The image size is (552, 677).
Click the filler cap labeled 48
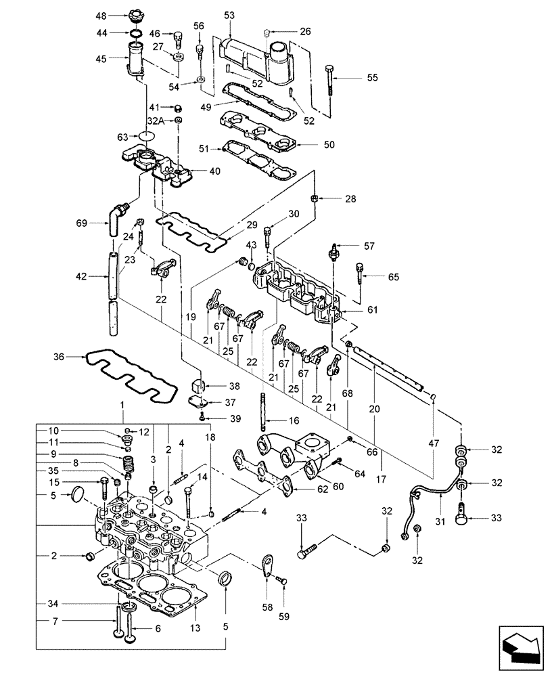tap(135, 15)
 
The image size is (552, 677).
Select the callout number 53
tap(229, 14)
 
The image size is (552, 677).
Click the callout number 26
tap(305, 30)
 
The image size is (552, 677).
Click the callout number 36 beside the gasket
tap(60, 356)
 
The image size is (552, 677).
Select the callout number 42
tap(82, 276)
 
